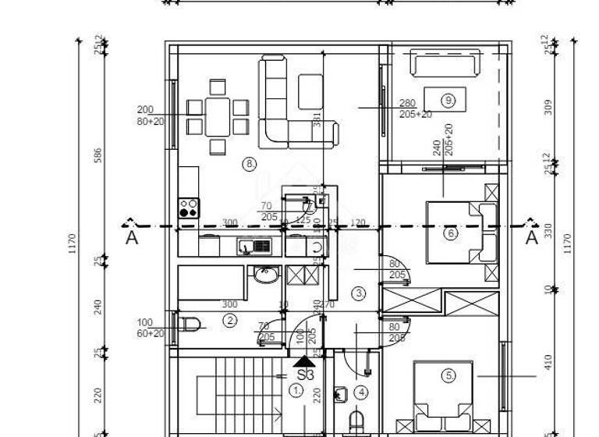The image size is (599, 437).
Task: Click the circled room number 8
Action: tap(250, 164)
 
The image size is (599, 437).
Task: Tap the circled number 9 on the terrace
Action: tap(447, 100)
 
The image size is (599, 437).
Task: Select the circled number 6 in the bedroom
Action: tap(449, 233)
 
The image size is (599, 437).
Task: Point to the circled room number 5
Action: tap(448, 375)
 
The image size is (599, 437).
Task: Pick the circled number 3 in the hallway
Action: tap(359, 294)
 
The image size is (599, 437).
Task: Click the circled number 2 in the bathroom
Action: tap(230, 320)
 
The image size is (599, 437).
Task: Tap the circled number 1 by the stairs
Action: tap(296, 389)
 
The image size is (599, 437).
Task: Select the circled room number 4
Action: tap(361, 392)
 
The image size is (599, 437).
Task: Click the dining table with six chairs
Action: tap(218, 116)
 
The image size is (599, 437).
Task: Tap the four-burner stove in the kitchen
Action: tap(189, 208)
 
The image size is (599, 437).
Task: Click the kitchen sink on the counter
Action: tap(254, 246)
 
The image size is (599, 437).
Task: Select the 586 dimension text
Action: tap(98, 156)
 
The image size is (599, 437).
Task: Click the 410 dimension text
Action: tap(548, 361)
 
